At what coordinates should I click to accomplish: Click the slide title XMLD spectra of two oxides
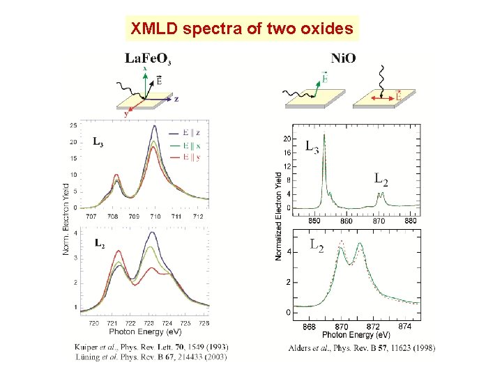(241, 30)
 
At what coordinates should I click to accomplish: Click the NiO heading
(343, 58)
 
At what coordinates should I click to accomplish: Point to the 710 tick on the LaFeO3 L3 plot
(155, 217)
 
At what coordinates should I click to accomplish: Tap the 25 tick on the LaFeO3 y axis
(73, 125)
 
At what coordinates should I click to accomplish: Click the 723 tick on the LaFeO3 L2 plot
(149, 323)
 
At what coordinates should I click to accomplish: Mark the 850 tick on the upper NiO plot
(314, 221)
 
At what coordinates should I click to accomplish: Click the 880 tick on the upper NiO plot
(411, 221)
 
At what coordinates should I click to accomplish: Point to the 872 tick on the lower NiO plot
(373, 327)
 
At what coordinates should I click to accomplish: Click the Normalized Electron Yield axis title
(279, 216)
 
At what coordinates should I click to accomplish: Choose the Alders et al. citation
(360, 347)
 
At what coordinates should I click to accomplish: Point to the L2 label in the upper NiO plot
(381, 180)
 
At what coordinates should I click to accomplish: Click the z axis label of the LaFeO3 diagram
(176, 100)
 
